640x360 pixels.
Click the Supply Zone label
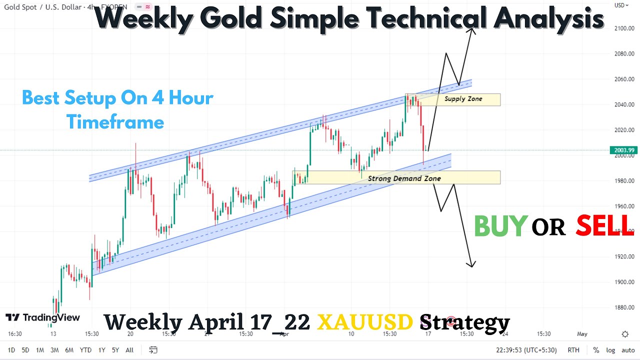(463, 99)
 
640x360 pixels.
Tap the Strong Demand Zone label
(404, 178)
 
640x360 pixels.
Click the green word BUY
(500, 226)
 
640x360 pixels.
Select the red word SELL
(604, 226)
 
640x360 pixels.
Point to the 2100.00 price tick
(624, 28)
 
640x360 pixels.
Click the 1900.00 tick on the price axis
(624, 282)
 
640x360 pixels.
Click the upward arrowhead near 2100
(471, 29)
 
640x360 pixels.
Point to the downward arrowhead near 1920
(471, 264)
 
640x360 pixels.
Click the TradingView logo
(43, 317)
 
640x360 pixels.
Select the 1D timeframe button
(11, 350)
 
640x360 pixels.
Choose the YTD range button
(85, 350)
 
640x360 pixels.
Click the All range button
(129, 350)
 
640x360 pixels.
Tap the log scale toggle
(610, 350)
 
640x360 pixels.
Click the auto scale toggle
(628, 350)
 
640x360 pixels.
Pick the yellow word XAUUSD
(365, 322)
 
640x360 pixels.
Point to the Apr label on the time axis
(284, 334)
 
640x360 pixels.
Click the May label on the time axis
(582, 334)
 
